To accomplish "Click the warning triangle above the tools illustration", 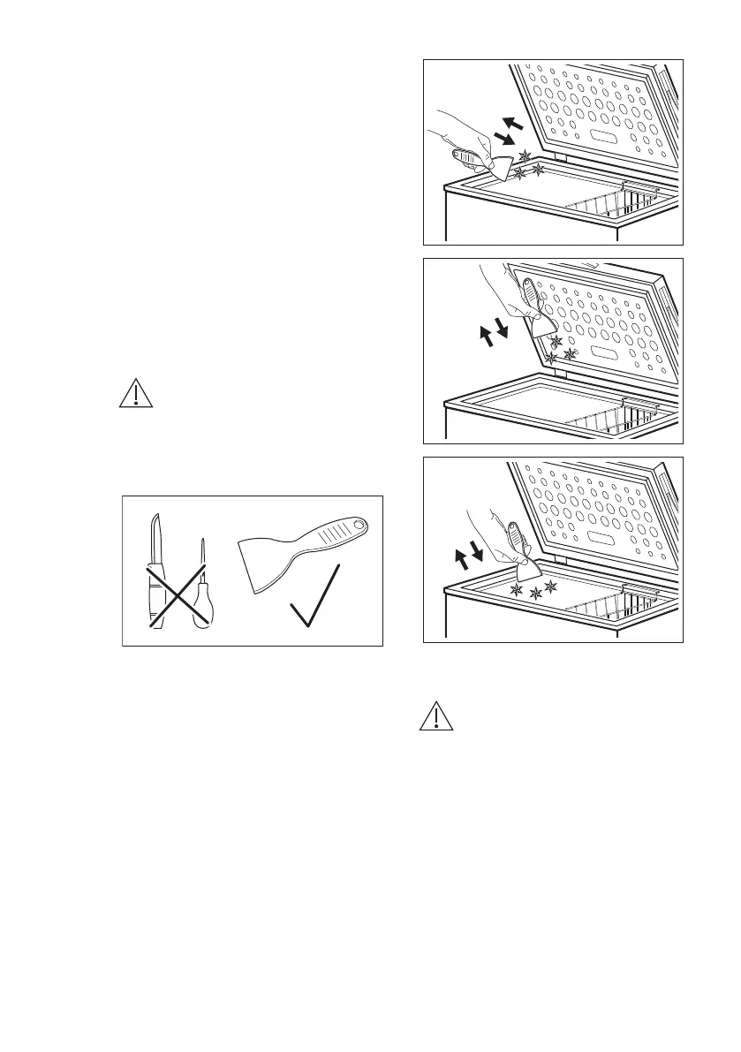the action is (136, 392).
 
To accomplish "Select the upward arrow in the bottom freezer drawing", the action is (461, 558).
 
